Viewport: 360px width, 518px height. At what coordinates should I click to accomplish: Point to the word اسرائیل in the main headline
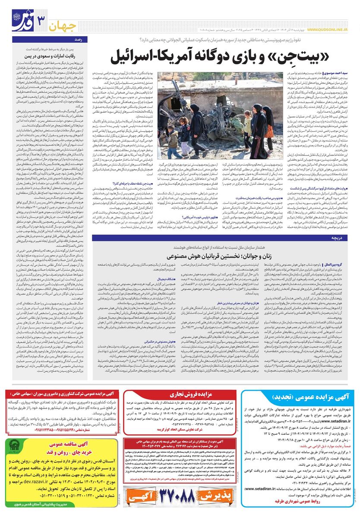[x=146, y=57]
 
